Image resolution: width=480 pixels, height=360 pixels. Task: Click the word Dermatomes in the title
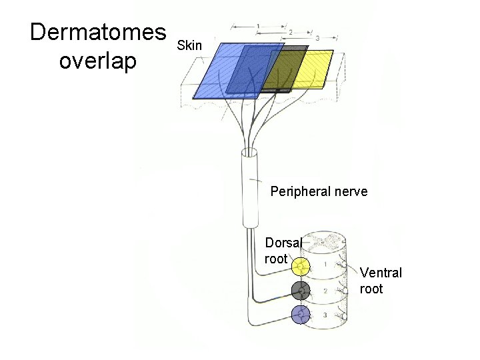tap(98, 33)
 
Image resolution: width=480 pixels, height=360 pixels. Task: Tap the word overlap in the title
tap(97, 61)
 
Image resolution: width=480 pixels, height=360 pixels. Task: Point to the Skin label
tap(189, 46)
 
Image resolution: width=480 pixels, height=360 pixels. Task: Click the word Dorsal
tap(283, 243)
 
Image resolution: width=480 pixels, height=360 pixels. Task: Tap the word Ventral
tap(381, 273)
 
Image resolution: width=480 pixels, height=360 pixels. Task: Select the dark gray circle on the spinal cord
tap(301, 291)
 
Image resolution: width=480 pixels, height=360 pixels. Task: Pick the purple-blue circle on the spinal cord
tap(301, 315)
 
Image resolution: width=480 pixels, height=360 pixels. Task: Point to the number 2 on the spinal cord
tap(324, 291)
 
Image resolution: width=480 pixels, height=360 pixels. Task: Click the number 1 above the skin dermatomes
tap(258, 25)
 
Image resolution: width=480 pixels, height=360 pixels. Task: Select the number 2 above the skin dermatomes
tap(289, 31)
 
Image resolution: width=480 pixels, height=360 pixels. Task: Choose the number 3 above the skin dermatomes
tap(317, 38)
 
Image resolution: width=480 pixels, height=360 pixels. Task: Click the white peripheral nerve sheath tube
tap(252, 190)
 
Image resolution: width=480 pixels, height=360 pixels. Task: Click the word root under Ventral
tap(371, 289)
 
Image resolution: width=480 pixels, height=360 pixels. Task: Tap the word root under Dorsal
tap(275, 259)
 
